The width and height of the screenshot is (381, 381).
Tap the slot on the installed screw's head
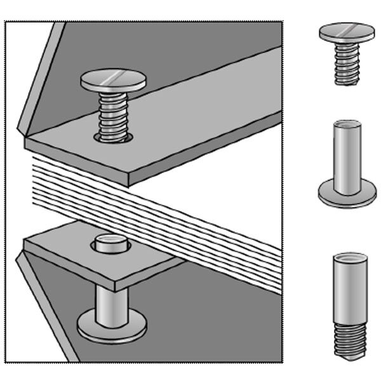114,77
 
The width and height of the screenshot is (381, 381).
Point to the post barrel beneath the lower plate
110,298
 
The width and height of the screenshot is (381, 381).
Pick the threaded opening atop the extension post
349,258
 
